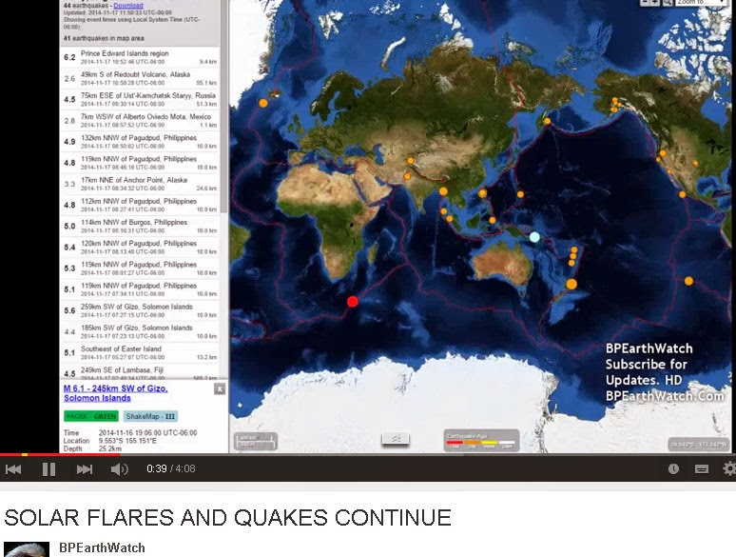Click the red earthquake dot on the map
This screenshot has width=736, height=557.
353,301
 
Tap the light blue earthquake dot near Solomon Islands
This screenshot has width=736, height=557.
534,236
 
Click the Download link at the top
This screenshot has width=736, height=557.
128,6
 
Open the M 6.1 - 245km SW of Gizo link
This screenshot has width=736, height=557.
115,393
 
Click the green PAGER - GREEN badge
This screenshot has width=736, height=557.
88,416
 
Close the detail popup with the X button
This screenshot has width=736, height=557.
220,389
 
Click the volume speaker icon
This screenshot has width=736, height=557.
119,469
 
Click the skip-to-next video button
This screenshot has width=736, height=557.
85,469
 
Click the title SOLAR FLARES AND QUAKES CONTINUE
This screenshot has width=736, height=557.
228,518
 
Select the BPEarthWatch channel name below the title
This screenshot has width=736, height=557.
102,547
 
